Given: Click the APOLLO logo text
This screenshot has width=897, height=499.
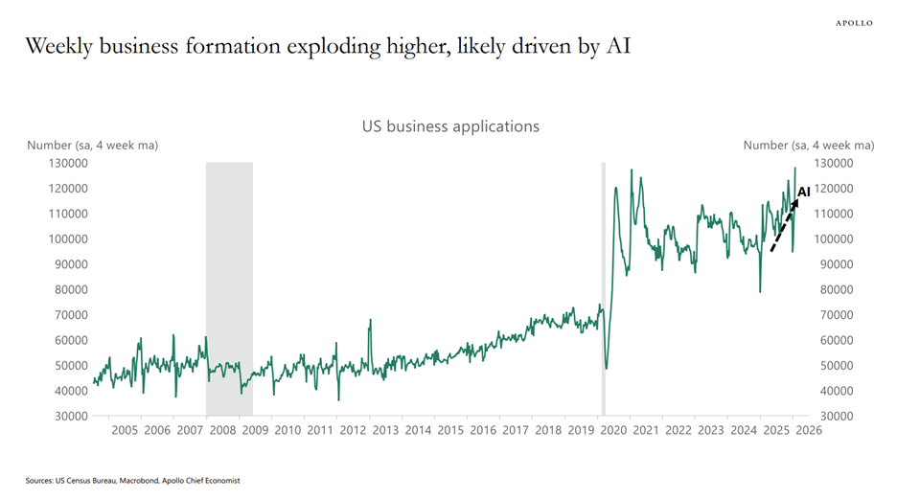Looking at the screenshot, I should (x=855, y=23).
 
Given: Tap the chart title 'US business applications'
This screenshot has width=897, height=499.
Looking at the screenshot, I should (x=450, y=126).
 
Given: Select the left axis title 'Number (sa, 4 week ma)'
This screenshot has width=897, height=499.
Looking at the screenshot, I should (x=92, y=146).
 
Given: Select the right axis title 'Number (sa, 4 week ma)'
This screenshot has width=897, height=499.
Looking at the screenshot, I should (x=809, y=146).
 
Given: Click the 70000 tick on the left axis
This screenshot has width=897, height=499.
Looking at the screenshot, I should (x=66, y=315).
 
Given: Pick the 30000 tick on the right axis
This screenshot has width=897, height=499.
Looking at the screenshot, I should (x=832, y=417).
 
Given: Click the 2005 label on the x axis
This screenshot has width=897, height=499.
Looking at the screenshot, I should (x=126, y=431).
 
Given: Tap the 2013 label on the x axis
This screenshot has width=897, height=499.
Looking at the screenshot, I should (x=386, y=431).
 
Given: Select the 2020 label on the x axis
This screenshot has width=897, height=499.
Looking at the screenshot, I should (x=613, y=431).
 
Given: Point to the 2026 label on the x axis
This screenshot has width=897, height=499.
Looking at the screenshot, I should (x=808, y=431).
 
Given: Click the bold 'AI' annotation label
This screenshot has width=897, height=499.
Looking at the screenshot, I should (x=804, y=192).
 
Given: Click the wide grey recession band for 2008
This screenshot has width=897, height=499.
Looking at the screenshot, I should (x=229, y=287).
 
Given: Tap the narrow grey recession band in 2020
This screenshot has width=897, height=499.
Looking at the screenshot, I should (x=603, y=287).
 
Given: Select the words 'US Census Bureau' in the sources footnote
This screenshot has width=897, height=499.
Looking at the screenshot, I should (x=84, y=481).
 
